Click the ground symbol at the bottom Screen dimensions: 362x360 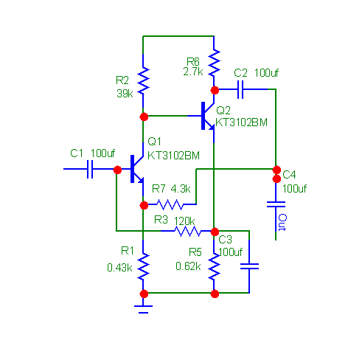(x=143, y=309)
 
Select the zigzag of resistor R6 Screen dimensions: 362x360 (x=214, y=63)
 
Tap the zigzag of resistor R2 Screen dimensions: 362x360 (x=143, y=80)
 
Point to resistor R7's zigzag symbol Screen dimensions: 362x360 (x=170, y=204)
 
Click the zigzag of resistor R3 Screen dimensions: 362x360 (x=188, y=231)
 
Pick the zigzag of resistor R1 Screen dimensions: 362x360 (x=143, y=266)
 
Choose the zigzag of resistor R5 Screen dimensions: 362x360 (x=214, y=266)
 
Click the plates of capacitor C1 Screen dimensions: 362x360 (x=90, y=169)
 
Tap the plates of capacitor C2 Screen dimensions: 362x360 (x=240, y=89)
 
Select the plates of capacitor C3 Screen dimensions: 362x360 (x=249, y=266)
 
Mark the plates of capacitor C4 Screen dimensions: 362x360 (x=276, y=204)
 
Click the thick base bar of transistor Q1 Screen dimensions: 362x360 (x=133, y=169)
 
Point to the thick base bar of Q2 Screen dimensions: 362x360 (x=203, y=116)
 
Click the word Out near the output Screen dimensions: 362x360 (x=282, y=222)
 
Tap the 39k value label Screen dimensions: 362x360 (x=125, y=94)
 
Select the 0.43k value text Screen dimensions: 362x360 (x=119, y=268)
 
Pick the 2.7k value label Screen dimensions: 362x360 (x=193, y=72)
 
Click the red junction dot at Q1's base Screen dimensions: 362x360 (x=117, y=170)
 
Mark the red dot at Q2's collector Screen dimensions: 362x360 (x=215, y=90)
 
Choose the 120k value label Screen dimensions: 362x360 (x=184, y=221)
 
